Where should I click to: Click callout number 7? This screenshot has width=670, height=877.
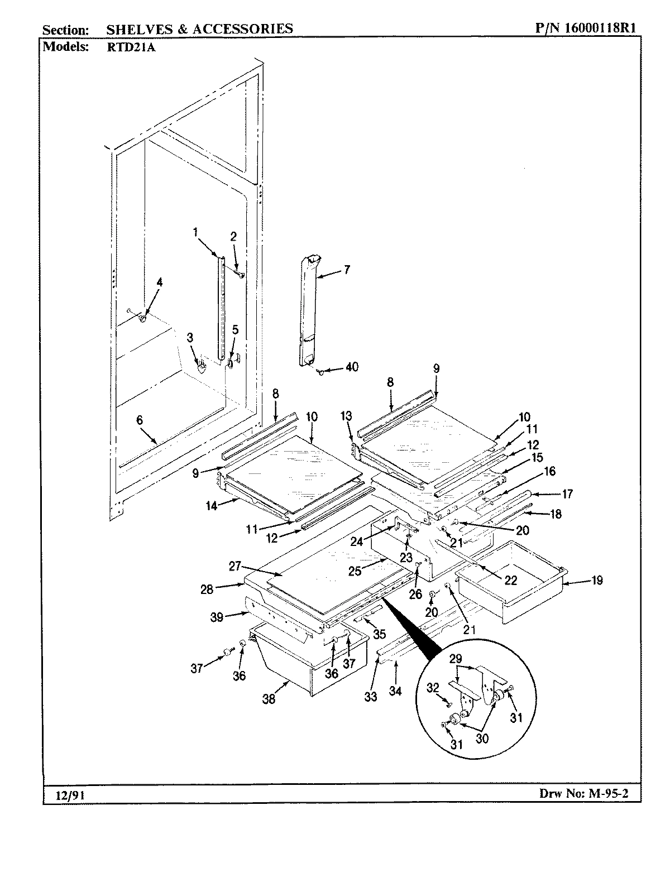click(347, 270)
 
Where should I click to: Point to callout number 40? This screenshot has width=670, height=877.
click(352, 367)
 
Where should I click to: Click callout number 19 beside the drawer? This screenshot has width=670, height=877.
click(597, 581)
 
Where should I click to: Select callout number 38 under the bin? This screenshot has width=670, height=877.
click(269, 699)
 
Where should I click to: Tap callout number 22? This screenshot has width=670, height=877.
click(510, 581)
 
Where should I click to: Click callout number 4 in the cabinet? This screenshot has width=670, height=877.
click(159, 282)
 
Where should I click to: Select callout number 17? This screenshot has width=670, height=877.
click(567, 493)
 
